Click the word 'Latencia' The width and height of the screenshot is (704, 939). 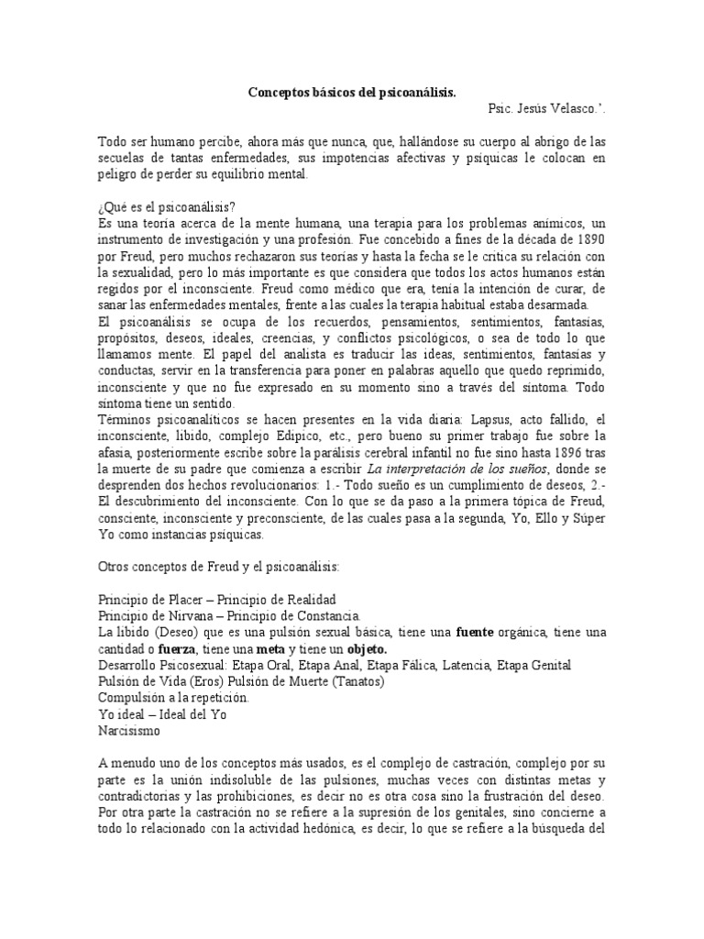pos(467,665)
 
